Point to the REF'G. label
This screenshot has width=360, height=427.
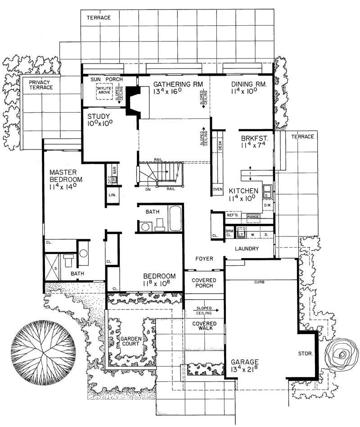coord(232,215)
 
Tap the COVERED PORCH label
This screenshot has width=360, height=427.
coord(204,283)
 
